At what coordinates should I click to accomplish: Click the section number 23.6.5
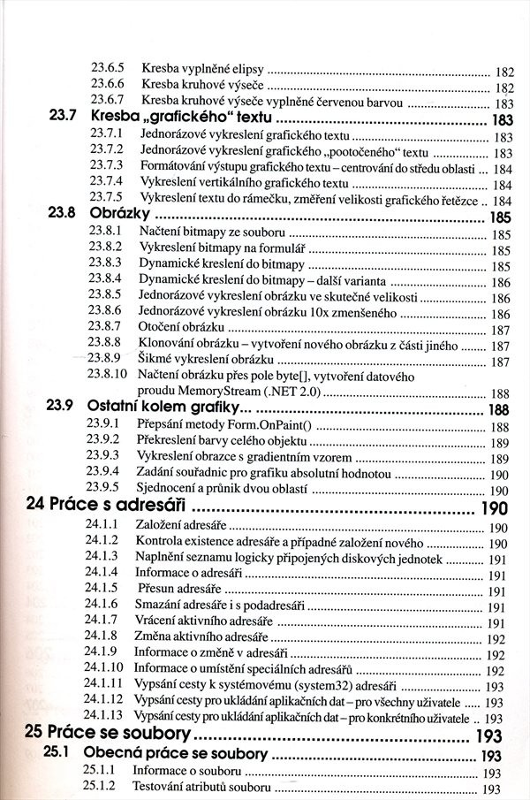point(110,69)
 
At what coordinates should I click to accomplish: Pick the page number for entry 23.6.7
point(503,103)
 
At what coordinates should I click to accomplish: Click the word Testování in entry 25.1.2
point(161,789)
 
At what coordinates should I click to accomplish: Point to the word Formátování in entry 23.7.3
point(177,168)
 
